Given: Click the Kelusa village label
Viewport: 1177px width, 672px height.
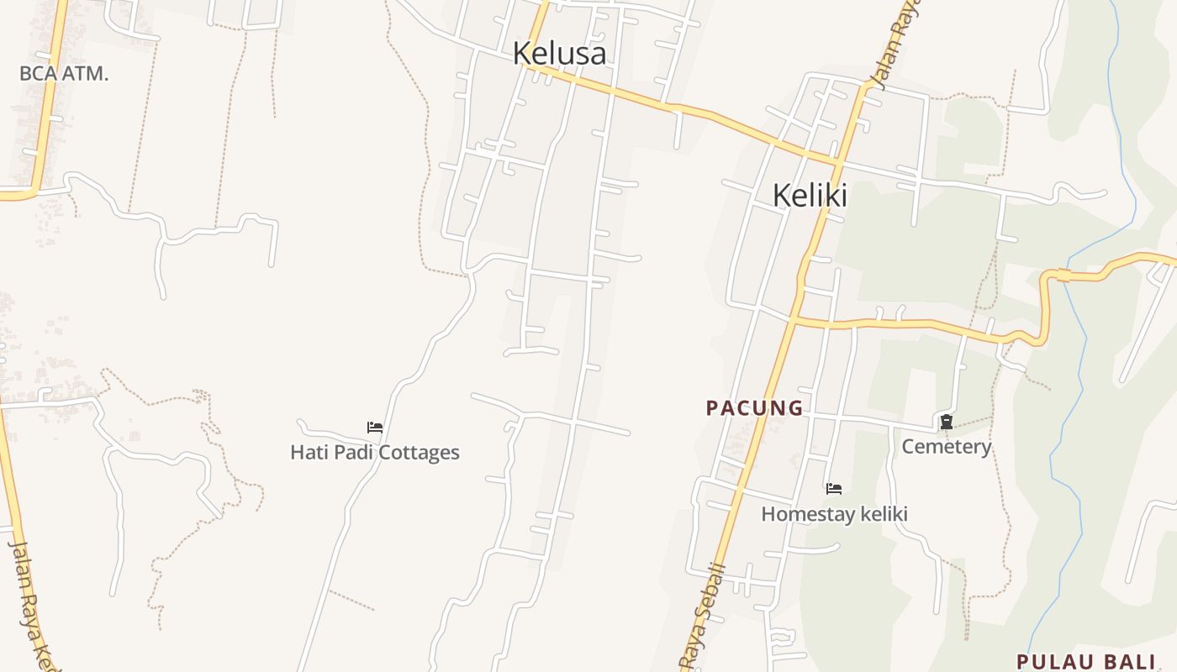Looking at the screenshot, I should click(x=559, y=53).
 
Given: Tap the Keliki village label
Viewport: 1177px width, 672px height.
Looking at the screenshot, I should click(x=810, y=195).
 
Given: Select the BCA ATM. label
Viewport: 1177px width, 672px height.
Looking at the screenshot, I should click(x=64, y=73).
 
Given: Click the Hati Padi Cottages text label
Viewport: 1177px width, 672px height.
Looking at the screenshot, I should click(x=375, y=452).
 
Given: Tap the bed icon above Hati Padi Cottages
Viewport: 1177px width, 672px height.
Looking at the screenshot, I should click(x=375, y=428).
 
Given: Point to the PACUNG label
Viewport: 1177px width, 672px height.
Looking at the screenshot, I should click(x=755, y=408).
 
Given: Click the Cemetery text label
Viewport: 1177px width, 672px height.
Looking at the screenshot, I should click(x=947, y=446).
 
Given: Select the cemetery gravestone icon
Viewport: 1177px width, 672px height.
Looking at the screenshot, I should click(x=947, y=422).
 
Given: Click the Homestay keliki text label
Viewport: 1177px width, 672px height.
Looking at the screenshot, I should click(x=834, y=513).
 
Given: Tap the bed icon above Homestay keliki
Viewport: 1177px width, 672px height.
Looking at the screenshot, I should click(x=834, y=489).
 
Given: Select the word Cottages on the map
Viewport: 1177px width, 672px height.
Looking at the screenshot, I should click(x=418, y=452).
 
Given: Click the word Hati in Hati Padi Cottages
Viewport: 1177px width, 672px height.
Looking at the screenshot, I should click(x=309, y=452).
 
